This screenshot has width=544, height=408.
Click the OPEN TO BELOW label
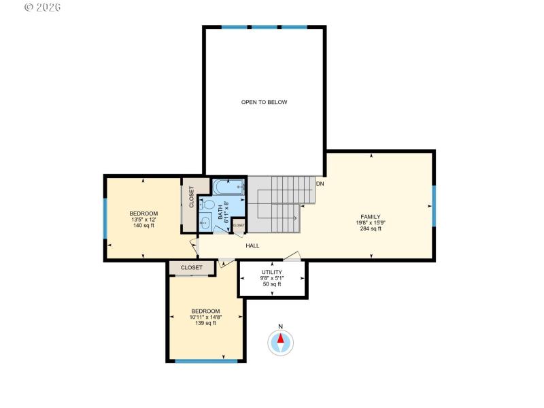(x=265, y=103)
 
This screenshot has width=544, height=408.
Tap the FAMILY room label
(x=371, y=216)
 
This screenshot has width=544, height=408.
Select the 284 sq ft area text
(x=371, y=229)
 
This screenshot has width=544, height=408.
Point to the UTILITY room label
(x=272, y=272)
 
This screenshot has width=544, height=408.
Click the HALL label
(x=252, y=245)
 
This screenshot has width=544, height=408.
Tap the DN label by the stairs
(x=320, y=184)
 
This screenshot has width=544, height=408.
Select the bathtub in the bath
(x=228, y=186)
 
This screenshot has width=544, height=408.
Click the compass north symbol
(x=281, y=341)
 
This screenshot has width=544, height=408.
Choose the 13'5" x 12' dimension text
(x=143, y=220)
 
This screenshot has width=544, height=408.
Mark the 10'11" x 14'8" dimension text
(x=205, y=317)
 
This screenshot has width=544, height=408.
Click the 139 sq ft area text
(x=205, y=323)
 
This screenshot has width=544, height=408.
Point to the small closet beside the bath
(x=239, y=225)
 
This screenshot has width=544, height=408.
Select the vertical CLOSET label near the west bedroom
(x=191, y=197)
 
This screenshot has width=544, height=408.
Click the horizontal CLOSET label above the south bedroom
(x=192, y=268)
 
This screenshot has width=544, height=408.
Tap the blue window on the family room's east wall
(x=433, y=205)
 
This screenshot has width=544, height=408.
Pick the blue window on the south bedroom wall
(x=205, y=361)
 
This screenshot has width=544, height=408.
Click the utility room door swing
(x=292, y=256)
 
